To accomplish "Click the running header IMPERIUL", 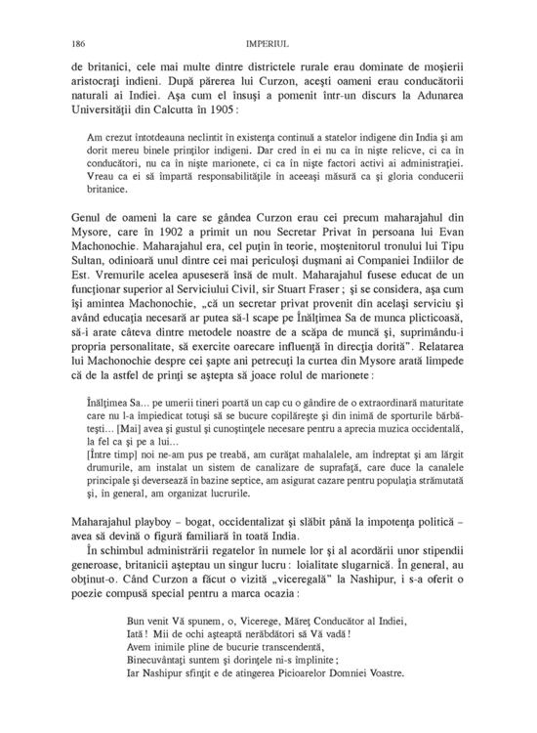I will [268, 43].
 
